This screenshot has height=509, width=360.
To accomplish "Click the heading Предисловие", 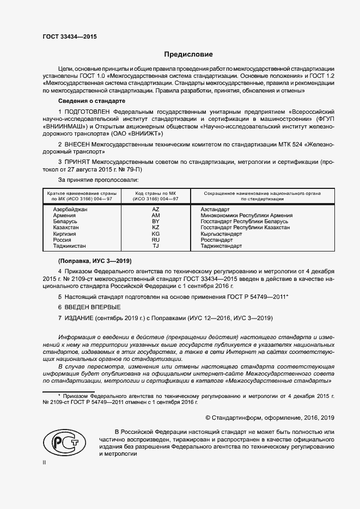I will pos(188,55).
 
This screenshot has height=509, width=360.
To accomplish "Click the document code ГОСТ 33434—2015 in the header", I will pos(70,36).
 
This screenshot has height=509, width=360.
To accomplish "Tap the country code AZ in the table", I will pos(155,210).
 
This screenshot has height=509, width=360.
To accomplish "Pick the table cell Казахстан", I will pos(65,228).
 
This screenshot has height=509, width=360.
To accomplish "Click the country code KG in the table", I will pos(155,234).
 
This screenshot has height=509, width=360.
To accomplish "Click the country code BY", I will pos(155,222).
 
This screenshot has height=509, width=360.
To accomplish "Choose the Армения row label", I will pos(64,216).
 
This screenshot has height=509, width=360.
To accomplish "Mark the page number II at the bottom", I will pos(45,463).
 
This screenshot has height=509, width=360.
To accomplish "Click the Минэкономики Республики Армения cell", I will pos(246,216).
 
